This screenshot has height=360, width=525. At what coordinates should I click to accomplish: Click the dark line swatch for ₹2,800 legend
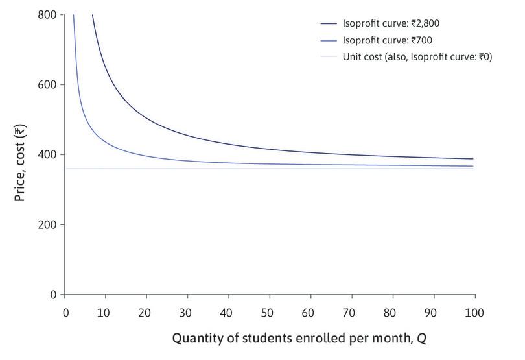pyautogui.click(x=329, y=23)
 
